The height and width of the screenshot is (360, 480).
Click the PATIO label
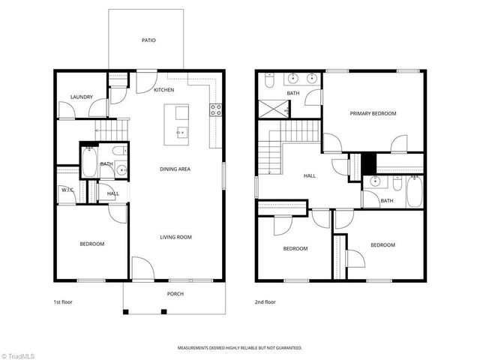tap(148, 40)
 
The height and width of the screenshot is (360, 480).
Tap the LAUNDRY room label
tap(81, 97)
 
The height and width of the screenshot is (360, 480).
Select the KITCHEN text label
tap(163, 90)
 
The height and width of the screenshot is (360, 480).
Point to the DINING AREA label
tap(175, 169)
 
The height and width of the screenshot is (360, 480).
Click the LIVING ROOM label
tap(175, 237)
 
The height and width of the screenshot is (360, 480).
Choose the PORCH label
tap(175, 293)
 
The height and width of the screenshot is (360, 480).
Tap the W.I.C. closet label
tap(67, 190)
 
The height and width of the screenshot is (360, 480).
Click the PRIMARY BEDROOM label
tap(373, 113)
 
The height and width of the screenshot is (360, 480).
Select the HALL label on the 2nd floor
tap(309, 175)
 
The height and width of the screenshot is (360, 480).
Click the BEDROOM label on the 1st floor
tap(92, 244)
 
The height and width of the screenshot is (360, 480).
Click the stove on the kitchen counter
tap(216, 109)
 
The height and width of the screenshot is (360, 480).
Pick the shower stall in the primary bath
tap(273, 109)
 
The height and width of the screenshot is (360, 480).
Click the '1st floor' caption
tap(63, 301)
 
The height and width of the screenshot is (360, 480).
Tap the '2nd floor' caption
tap(265, 301)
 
